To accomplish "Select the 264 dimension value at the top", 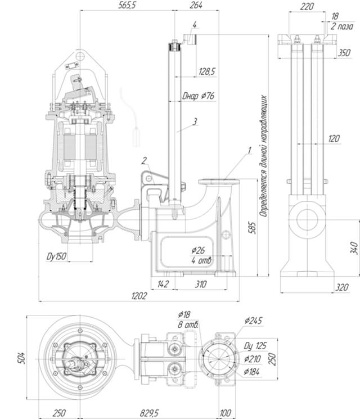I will coord(196,5).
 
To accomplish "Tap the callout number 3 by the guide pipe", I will coord(194,120).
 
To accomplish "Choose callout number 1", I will coord(247,151).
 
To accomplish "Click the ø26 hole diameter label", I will coord(199,250).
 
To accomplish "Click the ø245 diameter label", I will coord(254,321).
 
